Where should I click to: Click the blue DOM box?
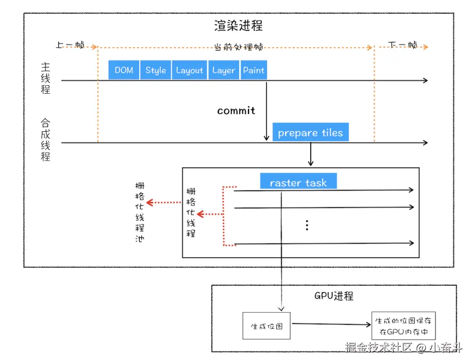click(x=123, y=70)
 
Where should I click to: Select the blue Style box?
click(x=156, y=70)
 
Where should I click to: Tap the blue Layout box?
click(x=189, y=70)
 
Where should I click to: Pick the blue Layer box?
click(x=223, y=70)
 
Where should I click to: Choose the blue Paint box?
click(x=254, y=70)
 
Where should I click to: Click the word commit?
click(x=236, y=110)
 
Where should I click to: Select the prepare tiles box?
click(x=310, y=133)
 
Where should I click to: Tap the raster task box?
click(x=298, y=182)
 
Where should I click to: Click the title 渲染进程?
click(x=238, y=25)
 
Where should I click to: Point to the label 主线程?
click(x=45, y=78)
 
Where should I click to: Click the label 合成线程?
click(x=45, y=139)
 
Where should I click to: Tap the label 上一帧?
click(x=70, y=45)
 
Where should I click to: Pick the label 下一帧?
click(x=403, y=45)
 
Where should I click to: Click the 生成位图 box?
click(x=267, y=326)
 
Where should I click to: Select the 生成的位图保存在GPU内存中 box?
click(x=403, y=326)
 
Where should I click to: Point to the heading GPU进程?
click(x=334, y=296)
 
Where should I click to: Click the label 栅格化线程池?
click(x=140, y=212)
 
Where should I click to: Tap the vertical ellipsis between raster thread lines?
click(x=307, y=225)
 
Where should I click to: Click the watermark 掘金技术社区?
click(x=378, y=348)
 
